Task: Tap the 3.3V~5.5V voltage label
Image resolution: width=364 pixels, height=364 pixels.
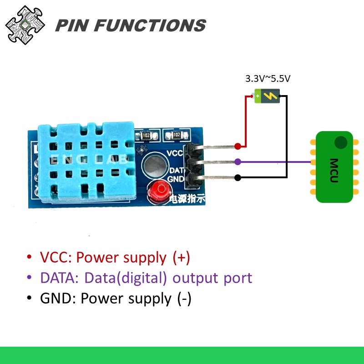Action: coord(268,78)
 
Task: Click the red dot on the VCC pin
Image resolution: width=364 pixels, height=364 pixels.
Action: coord(238,146)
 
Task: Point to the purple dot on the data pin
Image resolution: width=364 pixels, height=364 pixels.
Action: coord(238,162)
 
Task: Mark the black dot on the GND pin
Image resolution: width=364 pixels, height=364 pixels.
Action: coord(238,177)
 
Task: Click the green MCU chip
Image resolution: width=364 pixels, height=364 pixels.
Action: coord(334,167)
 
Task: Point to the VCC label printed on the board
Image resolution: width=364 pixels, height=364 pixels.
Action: coord(175,153)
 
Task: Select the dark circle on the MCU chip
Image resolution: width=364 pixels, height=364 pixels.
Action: coord(340,143)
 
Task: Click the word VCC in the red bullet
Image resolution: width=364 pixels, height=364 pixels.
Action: coord(54,258)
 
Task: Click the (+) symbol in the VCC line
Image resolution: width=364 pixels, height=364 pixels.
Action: coord(181,258)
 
